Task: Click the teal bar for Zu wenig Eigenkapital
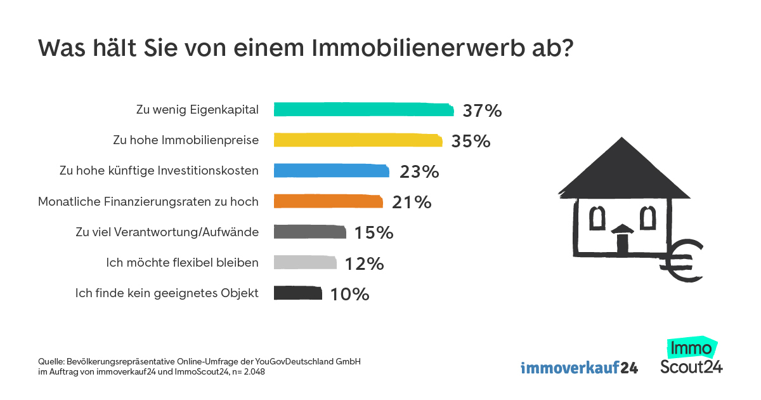(363, 109)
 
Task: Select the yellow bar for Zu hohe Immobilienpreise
(358, 140)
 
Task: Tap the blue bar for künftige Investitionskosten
(331, 171)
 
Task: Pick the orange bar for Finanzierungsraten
(328, 201)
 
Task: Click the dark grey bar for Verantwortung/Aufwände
(309, 232)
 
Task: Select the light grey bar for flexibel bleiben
(305, 262)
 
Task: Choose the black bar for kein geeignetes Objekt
(297, 293)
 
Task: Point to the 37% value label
(482, 110)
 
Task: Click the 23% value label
(419, 171)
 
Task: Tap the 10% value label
(349, 294)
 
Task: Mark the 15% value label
(374, 233)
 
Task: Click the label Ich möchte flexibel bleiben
(182, 263)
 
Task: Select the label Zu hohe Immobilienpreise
(186, 140)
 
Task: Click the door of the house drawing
(622, 242)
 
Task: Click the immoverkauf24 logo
(578, 368)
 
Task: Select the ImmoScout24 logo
(691, 356)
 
